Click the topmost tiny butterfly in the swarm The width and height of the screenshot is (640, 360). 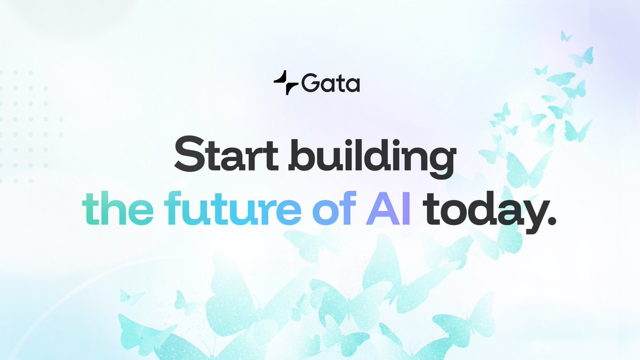click(x=566, y=36)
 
